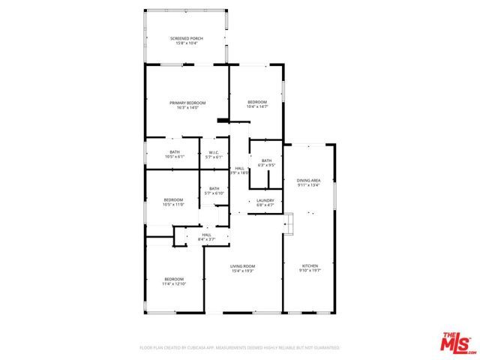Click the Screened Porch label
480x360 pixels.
(x=187, y=37)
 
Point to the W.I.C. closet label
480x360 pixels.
(x=214, y=152)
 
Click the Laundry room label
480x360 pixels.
(x=265, y=200)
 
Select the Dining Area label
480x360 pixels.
(x=309, y=180)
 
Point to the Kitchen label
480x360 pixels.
(x=310, y=266)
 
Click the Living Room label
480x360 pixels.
(x=242, y=266)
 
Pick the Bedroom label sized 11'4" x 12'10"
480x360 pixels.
(x=174, y=280)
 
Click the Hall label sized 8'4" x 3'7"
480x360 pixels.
(x=206, y=235)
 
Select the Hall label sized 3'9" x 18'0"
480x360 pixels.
(x=239, y=168)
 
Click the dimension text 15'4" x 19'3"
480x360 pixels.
(x=242, y=271)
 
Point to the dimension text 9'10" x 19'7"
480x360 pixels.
(x=310, y=271)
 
